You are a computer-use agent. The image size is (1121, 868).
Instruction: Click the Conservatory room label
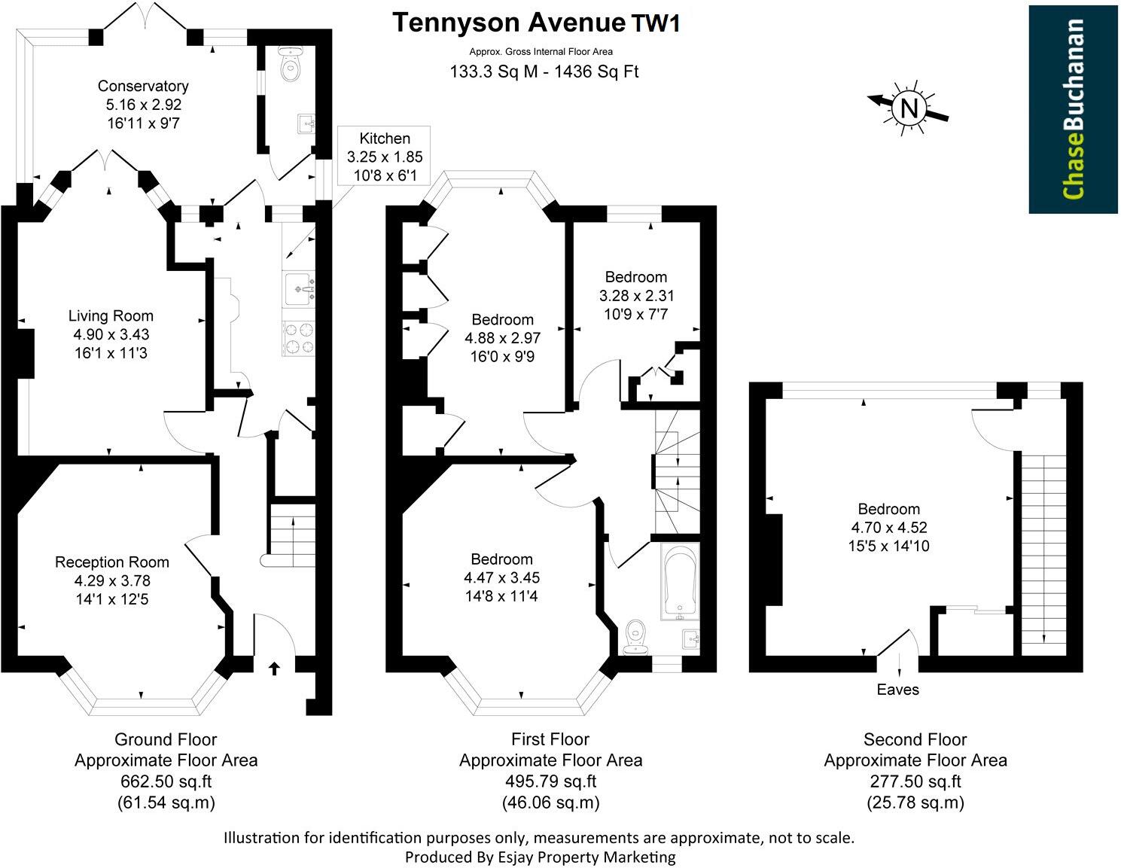point(143,86)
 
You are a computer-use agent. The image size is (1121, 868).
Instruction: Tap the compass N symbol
point(909,108)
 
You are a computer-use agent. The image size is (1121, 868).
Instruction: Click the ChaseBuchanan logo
point(1073,109)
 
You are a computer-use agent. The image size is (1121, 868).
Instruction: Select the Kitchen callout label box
point(384,156)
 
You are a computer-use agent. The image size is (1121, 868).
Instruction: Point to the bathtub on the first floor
point(680,581)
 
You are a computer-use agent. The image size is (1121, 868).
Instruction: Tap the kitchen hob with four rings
point(299,338)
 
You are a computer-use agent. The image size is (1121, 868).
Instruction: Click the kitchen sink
point(299,289)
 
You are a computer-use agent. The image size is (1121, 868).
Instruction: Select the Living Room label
point(111,315)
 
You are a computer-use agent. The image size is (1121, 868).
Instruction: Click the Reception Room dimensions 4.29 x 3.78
point(112,580)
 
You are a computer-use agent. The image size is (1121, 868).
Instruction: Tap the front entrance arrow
point(275,669)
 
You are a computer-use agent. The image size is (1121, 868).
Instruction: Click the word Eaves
point(897,690)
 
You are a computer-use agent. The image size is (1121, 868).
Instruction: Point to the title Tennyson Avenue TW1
point(537,23)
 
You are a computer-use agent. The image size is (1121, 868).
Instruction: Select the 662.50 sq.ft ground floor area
point(166,781)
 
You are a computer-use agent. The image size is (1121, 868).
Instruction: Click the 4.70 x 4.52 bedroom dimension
point(889,527)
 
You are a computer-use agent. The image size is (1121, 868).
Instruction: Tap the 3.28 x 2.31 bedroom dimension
point(636,296)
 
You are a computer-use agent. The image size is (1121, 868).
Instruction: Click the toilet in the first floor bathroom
point(635,638)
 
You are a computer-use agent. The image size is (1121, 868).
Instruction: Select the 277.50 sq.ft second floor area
point(915,781)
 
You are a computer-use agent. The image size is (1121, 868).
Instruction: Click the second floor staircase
point(1043,554)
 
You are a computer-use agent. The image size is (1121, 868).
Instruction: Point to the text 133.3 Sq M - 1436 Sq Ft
point(544,72)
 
